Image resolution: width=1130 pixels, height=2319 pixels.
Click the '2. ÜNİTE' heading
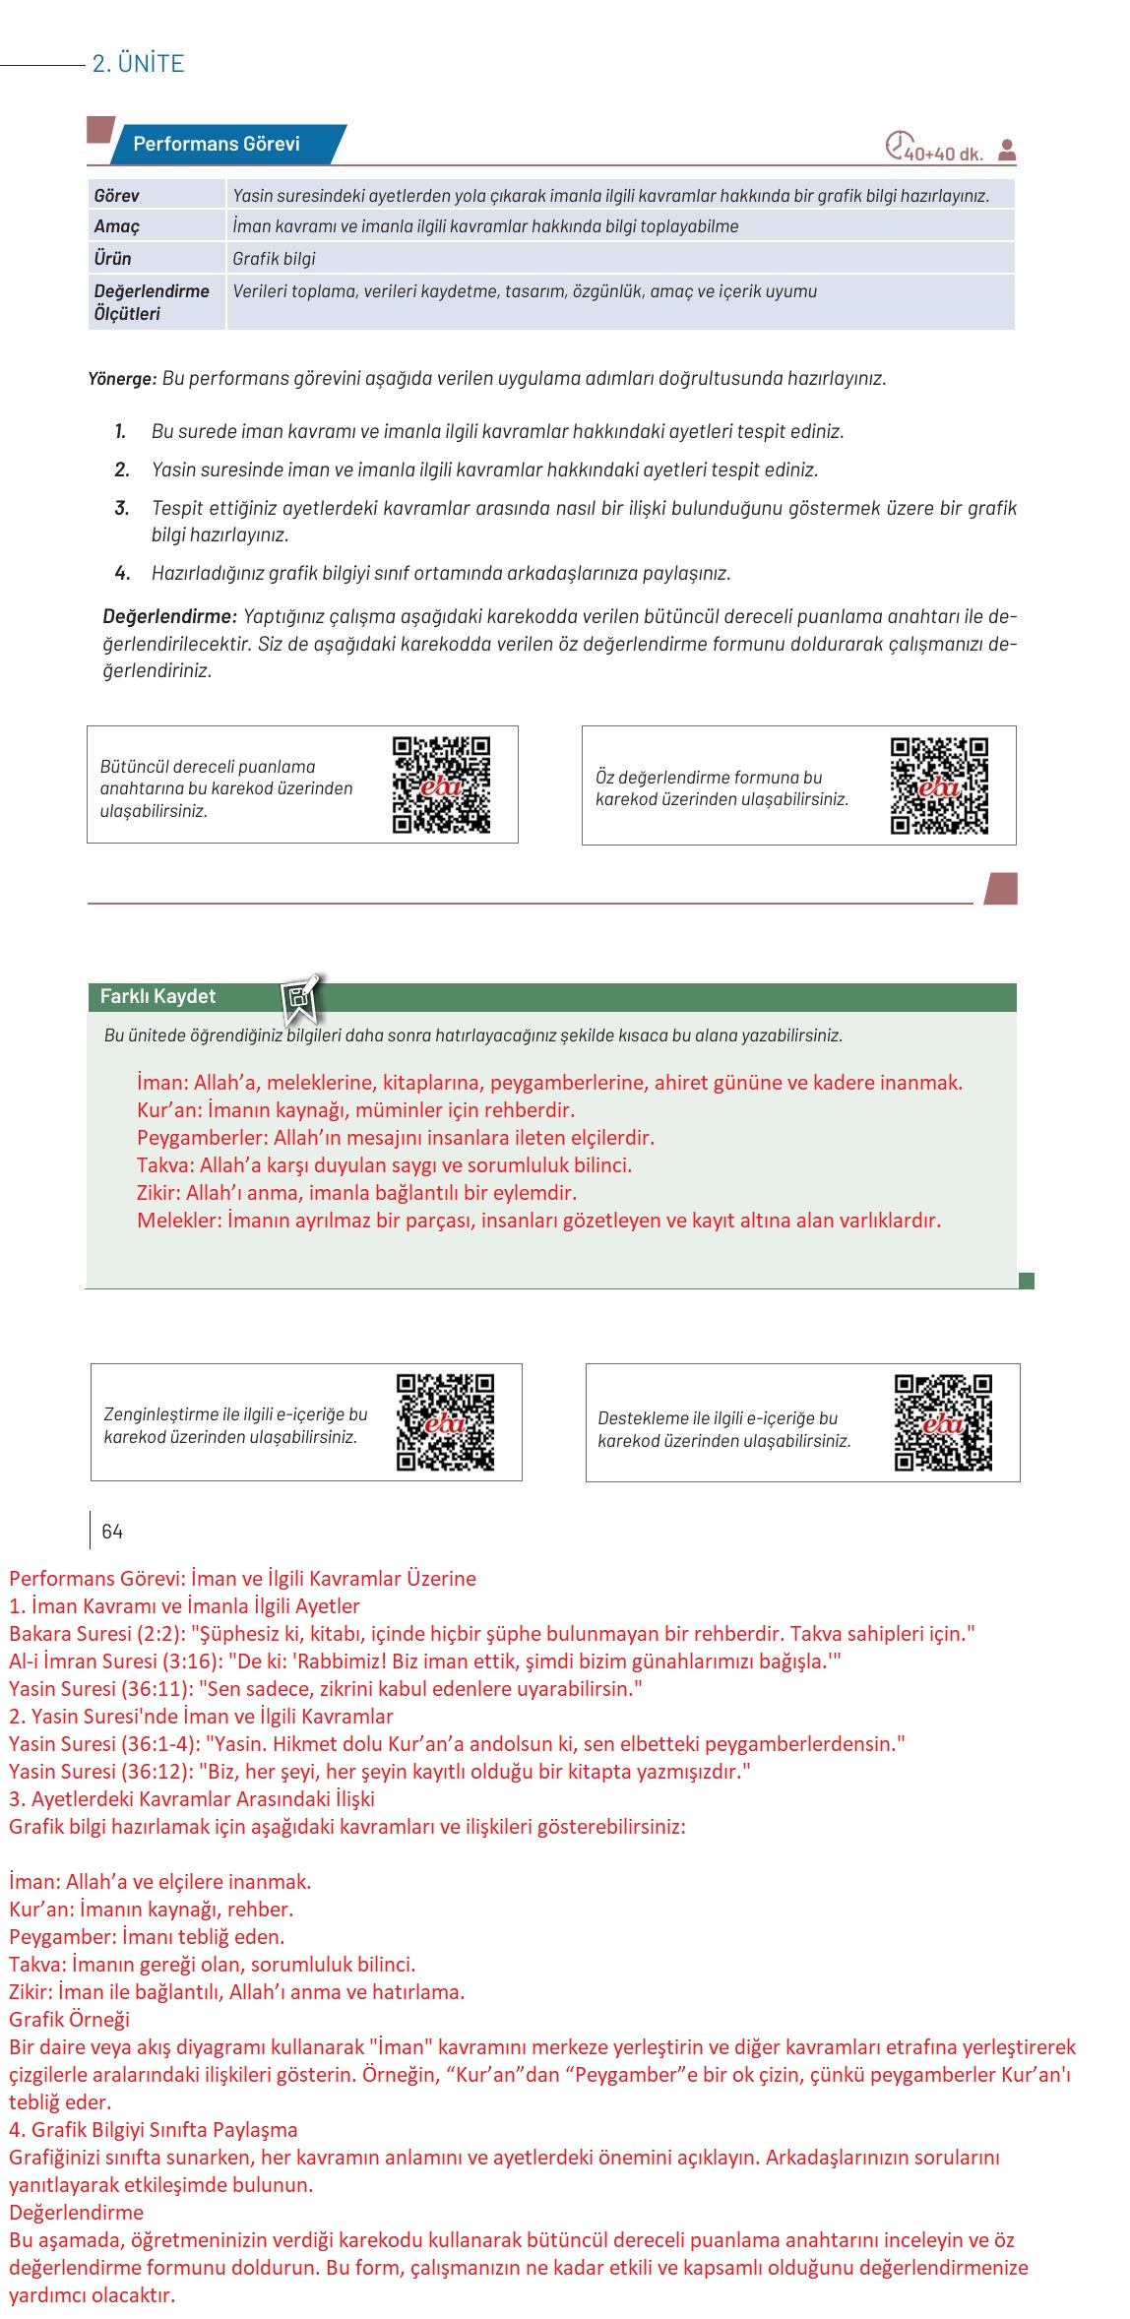138,64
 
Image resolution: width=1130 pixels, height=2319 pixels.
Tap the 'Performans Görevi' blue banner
217,144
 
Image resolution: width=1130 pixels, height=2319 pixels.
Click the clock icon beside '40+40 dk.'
897,146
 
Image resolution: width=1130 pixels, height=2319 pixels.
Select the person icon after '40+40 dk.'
1006,151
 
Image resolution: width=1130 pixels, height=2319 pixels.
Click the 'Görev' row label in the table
117,196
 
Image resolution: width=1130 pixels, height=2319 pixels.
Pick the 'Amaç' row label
117,226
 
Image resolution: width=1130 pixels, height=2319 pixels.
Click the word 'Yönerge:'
122,378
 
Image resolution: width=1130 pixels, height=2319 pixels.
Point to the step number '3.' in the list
122,508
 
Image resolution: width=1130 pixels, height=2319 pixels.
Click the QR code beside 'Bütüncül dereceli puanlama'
441,785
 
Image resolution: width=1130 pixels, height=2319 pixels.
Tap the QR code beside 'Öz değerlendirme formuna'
939,785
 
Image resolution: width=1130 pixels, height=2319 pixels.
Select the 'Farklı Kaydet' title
157,996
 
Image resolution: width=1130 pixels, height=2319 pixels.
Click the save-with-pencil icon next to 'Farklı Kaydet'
300,998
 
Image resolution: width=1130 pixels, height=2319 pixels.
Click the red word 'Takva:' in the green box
165,1165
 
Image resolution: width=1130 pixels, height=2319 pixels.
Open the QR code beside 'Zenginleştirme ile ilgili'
445,1422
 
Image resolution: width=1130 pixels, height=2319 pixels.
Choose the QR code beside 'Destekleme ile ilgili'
943,1422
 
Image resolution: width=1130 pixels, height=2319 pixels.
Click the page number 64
112,1532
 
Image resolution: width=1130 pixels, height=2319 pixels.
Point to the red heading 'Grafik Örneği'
69,2020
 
